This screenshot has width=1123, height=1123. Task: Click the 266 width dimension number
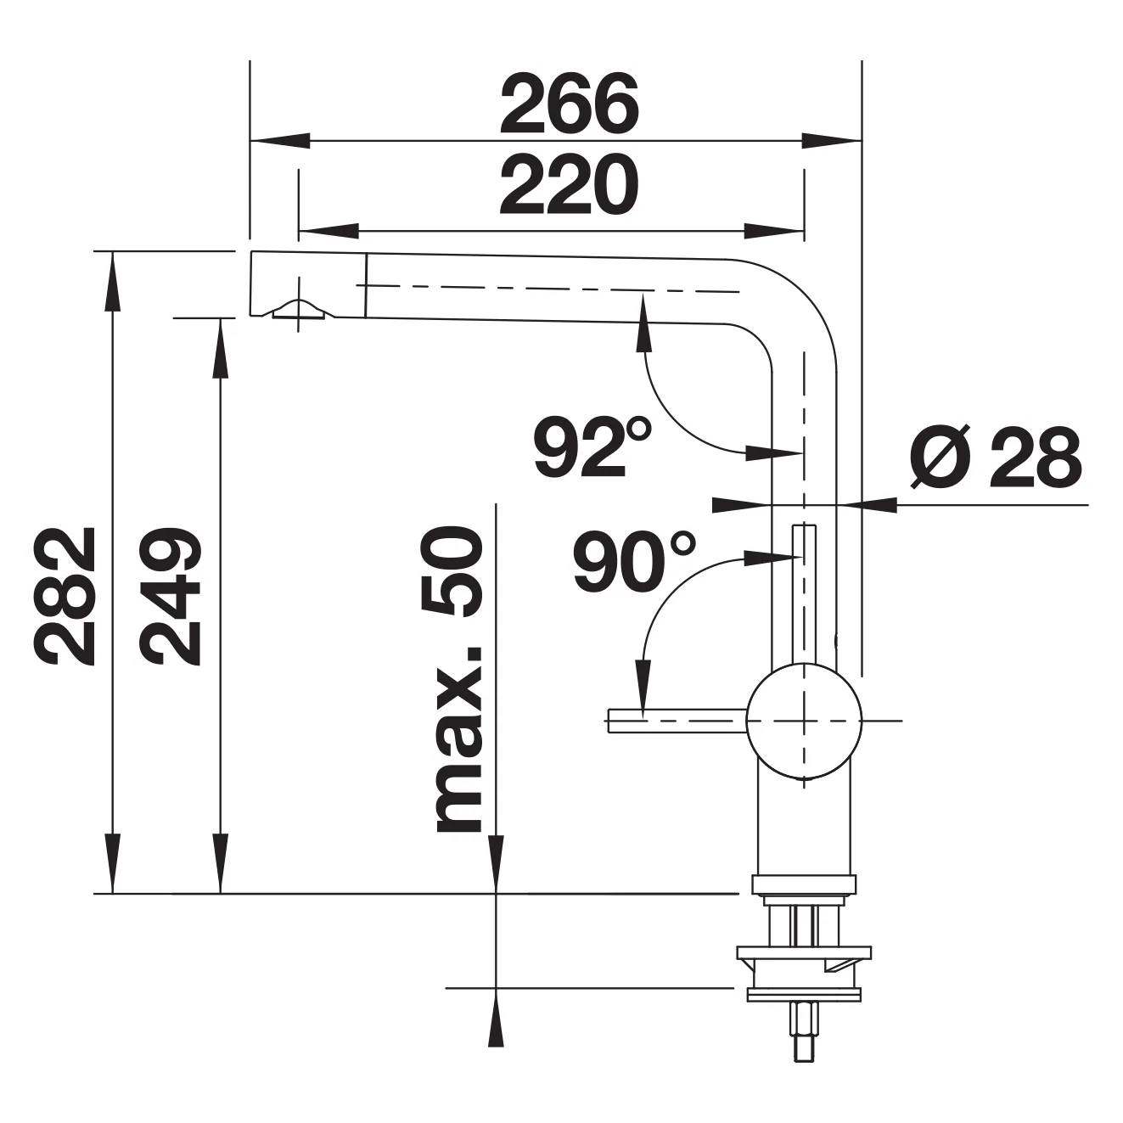[x=570, y=104]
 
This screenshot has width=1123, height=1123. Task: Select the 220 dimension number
[x=570, y=185]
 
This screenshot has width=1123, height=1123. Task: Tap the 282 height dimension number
[x=65, y=596]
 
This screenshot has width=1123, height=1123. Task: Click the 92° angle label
[x=592, y=446]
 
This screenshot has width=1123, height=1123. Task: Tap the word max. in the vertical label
[x=458, y=739]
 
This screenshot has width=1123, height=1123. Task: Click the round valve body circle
[x=804, y=721]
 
